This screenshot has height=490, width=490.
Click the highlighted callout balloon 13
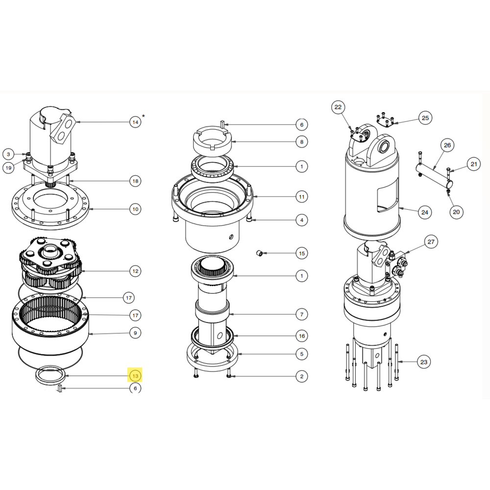tap(135, 376)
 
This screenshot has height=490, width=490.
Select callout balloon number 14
tap(135, 122)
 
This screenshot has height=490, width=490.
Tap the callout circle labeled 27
tap(431, 242)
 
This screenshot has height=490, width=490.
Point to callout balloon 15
tap(302, 253)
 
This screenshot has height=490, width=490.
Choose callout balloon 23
tap(423, 362)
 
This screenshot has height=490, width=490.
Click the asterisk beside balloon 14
tap(144, 116)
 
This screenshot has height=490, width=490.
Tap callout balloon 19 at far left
tap(8, 168)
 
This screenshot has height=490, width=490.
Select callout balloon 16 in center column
tap(302, 336)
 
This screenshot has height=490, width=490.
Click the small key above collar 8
tap(222, 123)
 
